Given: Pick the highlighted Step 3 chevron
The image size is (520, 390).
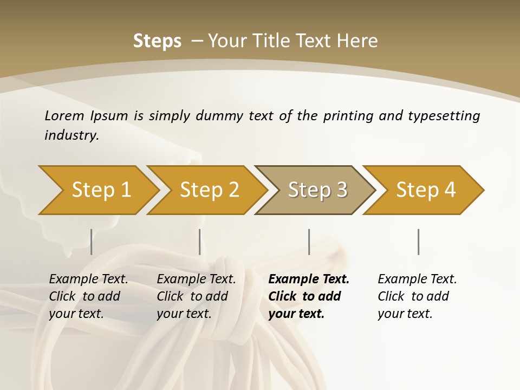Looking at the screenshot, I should pos(317,190).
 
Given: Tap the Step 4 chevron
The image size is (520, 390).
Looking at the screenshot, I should pos(425,190).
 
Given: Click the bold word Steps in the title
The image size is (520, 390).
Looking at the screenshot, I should pos(157,41).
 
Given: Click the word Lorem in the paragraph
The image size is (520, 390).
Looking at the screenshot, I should pos(64,115).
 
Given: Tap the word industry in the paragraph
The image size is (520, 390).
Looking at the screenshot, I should pos(71,135).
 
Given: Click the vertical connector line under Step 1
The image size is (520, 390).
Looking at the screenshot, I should pos(91,242).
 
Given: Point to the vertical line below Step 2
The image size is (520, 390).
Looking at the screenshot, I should pos(200,242).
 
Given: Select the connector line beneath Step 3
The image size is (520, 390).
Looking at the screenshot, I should pos(309,242).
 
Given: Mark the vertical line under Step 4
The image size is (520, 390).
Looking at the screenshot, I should pos(418,242).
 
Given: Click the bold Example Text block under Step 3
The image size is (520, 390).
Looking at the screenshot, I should pos(308,296).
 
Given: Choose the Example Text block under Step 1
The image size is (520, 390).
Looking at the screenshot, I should pos(88,296).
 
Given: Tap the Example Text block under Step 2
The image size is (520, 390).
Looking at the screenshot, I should pos(196,296).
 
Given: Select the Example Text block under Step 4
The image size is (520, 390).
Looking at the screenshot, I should pos(417,296).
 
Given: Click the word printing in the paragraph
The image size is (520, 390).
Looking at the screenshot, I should pos(348,116).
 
